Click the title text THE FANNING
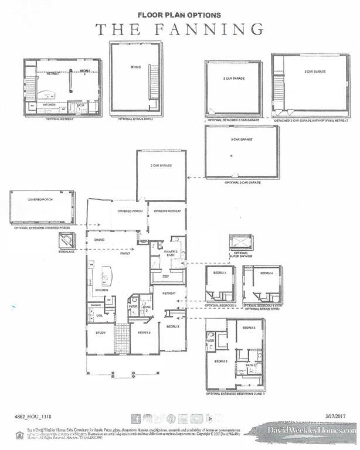pos(179,29)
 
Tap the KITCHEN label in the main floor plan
pos(101,290)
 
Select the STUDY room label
pos(101,332)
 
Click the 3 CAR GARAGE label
pos(242,139)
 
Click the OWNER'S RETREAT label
pos(167,211)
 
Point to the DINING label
pos(99,239)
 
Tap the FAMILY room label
pos(124,253)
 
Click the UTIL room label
pos(99,315)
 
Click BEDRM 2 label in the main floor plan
pos(144,332)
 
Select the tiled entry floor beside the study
pos(122,337)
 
